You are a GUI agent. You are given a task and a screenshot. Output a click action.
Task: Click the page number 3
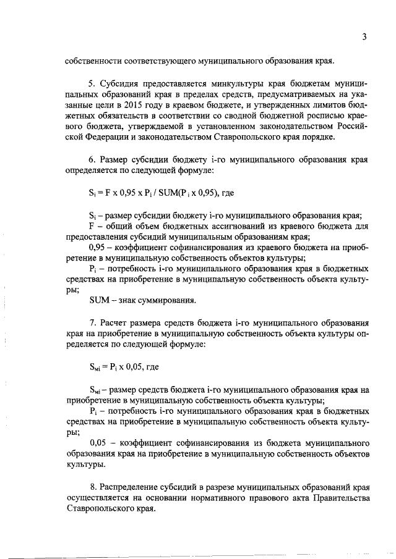pos(365,36)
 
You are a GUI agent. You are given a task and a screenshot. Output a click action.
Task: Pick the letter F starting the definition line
pos(92,227)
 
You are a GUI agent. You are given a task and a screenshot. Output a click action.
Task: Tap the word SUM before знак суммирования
pos(99,301)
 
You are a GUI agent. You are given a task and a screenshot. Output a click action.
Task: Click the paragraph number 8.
pos(93,488)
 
